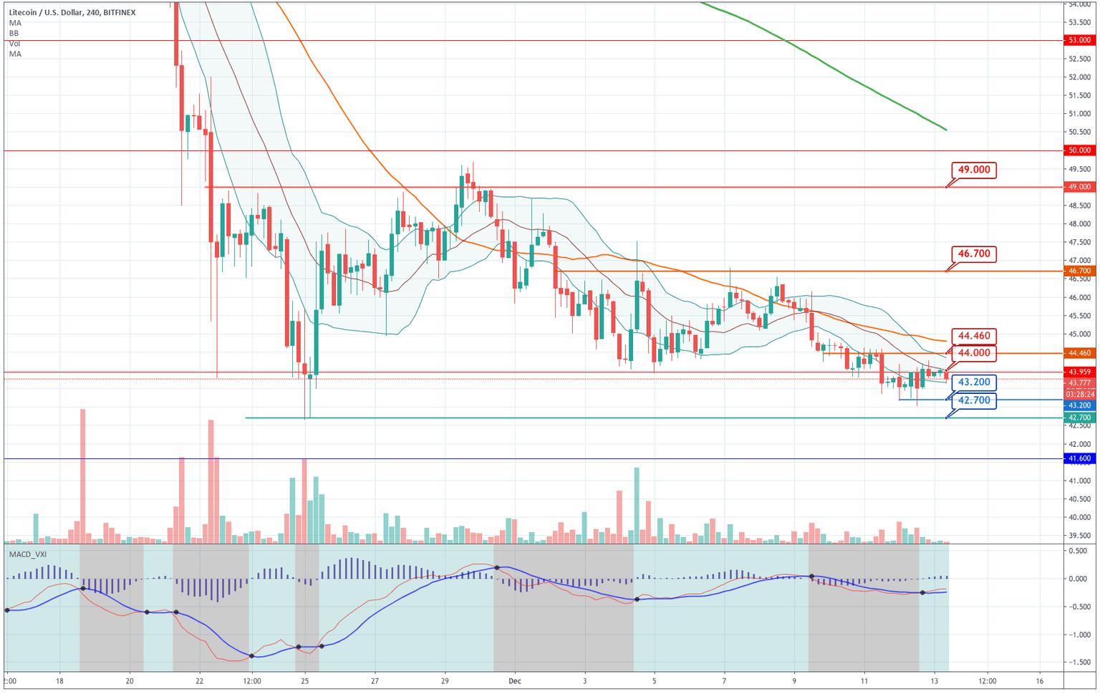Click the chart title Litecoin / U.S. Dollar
(47, 12)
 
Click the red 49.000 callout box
(974, 170)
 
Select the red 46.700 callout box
(974, 254)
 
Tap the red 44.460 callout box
(974, 336)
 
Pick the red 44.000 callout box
(974, 352)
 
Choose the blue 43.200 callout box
(974, 382)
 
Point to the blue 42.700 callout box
(974, 400)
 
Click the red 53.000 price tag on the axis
(1079, 40)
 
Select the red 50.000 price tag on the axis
(1079, 150)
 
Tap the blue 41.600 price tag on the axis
(1079, 458)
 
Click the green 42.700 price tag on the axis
(1079, 418)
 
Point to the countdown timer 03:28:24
(1079, 394)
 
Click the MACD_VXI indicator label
(28, 554)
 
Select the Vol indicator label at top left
(14, 44)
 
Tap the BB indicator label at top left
(14, 33)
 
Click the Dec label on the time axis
(515, 680)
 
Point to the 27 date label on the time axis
(375, 680)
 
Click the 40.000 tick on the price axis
(1079, 517)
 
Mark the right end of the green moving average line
(947, 130)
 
